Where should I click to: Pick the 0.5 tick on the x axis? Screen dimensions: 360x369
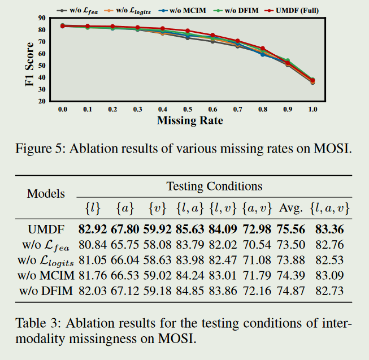187,109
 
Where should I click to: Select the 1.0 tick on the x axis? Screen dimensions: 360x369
312,109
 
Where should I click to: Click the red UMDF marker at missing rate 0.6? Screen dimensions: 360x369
212,35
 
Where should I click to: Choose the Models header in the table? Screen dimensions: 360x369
46,193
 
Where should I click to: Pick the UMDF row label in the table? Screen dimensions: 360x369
46,229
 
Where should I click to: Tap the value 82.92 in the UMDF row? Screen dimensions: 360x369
94,229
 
